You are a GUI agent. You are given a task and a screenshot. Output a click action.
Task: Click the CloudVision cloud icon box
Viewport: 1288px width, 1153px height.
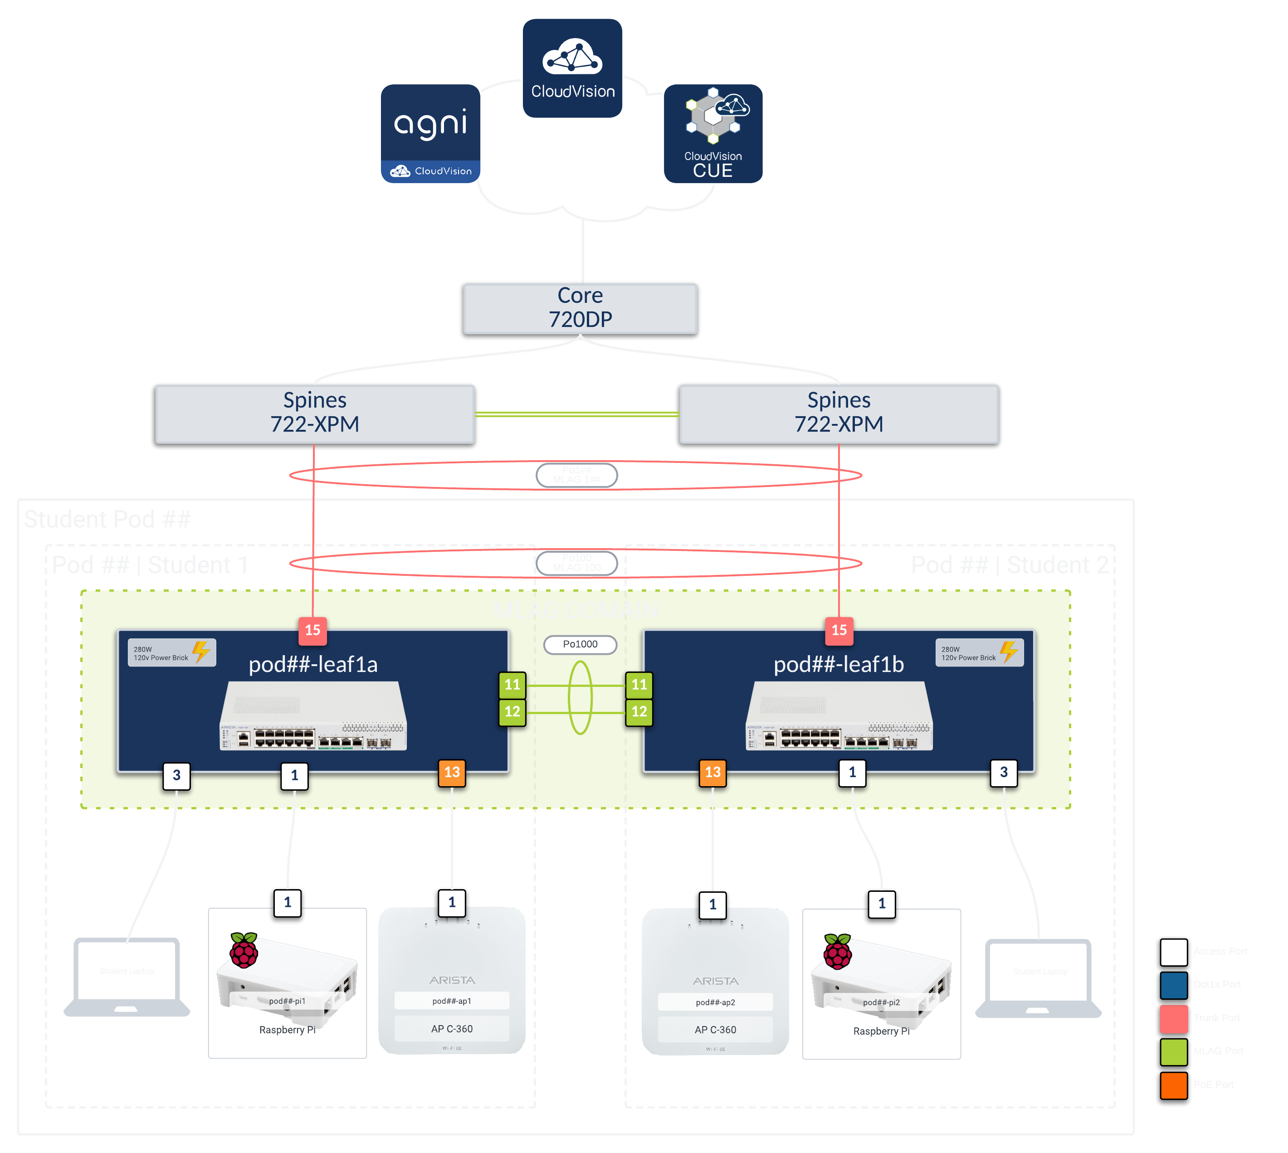(572, 68)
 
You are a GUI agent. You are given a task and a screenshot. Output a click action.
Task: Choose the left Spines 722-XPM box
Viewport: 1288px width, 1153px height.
(315, 413)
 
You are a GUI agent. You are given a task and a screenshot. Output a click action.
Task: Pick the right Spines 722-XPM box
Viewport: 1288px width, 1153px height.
(839, 413)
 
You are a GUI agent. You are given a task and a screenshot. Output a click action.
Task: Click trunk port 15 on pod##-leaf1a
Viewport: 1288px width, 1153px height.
(313, 630)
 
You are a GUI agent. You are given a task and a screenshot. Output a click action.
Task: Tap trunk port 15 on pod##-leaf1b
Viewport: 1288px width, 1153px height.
(839, 630)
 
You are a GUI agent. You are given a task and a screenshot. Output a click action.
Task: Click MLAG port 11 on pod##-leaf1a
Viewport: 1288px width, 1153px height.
(512, 685)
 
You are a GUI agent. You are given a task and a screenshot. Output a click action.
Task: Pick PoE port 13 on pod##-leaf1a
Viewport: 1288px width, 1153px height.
(452, 772)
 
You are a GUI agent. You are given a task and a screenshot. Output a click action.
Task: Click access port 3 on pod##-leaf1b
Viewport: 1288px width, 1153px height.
(1004, 772)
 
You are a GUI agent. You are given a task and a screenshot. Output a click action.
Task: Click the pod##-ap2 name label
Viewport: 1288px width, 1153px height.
(715, 1002)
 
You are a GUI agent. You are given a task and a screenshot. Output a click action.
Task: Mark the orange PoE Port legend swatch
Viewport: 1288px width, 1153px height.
(1173, 1085)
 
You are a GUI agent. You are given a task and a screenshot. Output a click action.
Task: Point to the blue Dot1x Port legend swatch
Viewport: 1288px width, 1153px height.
(1173, 984)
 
